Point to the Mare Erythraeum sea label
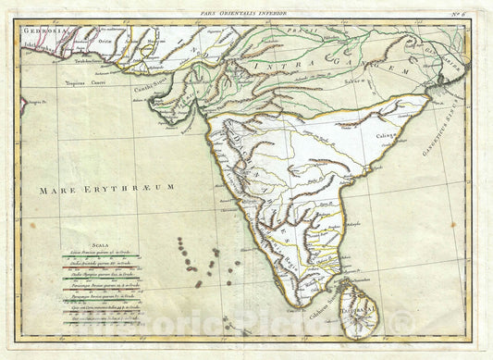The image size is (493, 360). tap(106, 188)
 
